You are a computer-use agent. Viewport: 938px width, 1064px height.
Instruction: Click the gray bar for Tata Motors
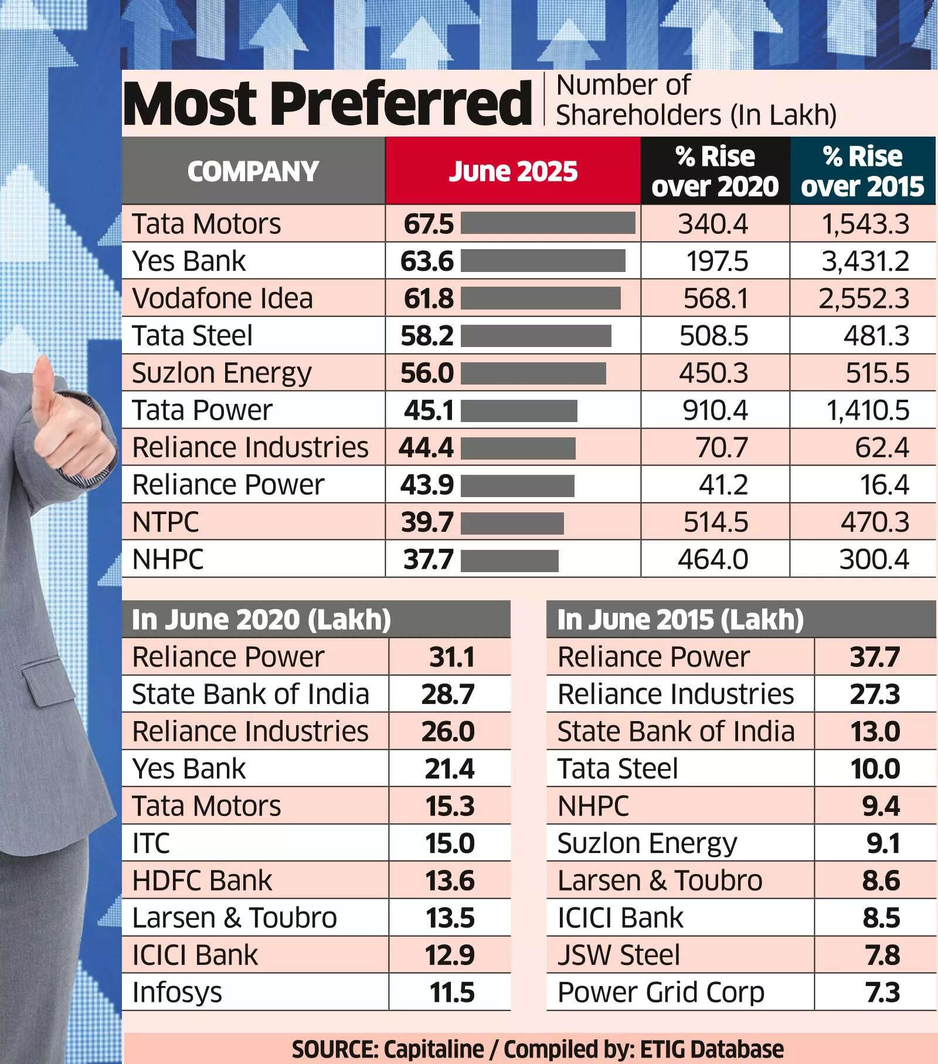click(548, 223)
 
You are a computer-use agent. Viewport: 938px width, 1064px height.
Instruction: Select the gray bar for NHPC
click(509, 560)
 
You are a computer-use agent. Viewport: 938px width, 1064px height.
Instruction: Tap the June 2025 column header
click(513, 171)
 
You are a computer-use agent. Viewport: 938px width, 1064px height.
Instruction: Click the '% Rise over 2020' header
click(715, 171)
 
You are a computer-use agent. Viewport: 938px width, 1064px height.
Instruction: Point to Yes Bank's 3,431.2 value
click(865, 261)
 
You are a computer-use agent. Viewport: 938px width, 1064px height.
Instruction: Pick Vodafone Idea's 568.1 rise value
click(716, 298)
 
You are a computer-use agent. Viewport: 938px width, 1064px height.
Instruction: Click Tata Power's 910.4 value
click(715, 410)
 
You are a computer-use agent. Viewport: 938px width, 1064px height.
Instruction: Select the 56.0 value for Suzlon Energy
click(427, 373)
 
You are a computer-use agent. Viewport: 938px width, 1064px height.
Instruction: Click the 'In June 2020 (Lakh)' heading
click(261, 620)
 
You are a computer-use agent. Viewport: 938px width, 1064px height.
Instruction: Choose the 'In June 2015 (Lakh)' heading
click(680, 620)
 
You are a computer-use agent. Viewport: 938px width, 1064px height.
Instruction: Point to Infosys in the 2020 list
click(177, 992)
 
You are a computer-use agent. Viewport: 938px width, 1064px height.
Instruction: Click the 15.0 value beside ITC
click(450, 844)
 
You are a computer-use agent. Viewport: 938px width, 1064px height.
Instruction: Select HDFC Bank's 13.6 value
click(450, 881)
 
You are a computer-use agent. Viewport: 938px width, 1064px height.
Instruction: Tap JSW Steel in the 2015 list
click(618, 955)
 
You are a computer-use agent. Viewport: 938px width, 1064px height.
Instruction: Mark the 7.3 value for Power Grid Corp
click(882, 992)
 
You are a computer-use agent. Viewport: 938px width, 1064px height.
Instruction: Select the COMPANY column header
click(253, 171)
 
